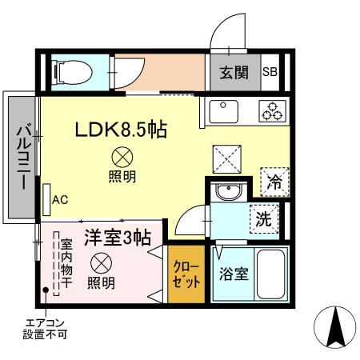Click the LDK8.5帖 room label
tap(121, 130)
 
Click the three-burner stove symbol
tap(272, 110)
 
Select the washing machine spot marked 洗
tap(262, 216)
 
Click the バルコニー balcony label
tap(22, 156)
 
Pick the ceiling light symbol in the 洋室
tap(101, 262)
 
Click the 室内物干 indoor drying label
tap(66, 265)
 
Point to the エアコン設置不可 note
tap(46, 328)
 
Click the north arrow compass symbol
tap(334, 326)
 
